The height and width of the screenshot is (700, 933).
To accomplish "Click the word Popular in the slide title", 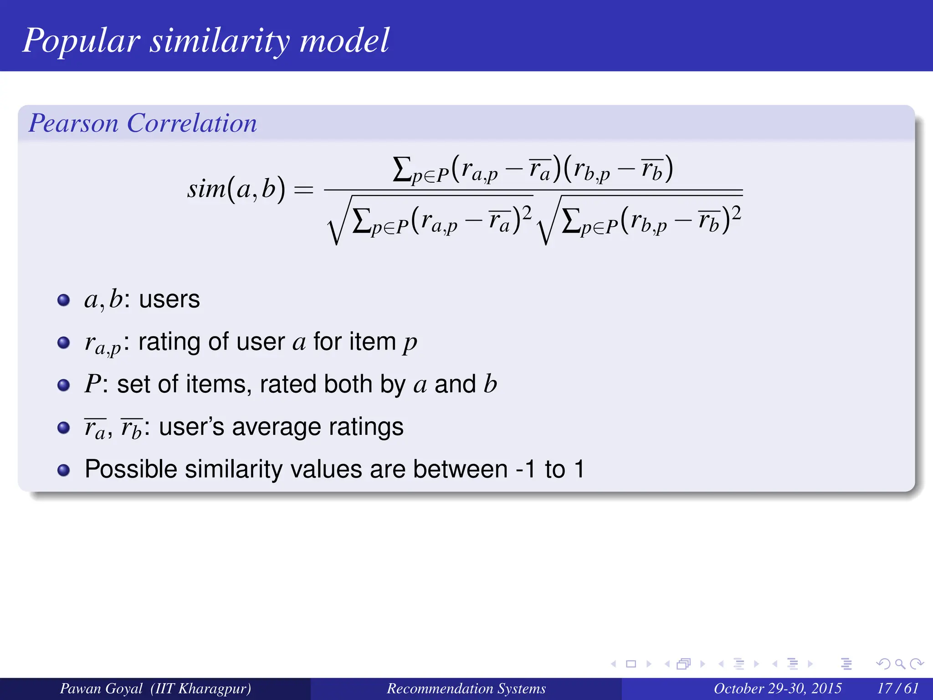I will tap(81, 41).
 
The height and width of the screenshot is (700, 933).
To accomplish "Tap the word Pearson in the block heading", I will tap(73, 124).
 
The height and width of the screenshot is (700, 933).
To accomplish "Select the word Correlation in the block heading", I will tap(192, 124).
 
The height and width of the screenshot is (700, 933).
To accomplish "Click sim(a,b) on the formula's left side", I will tap(236, 189).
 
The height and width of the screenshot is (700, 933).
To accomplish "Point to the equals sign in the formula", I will tap(304, 190).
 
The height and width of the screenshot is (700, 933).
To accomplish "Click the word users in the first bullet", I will tap(169, 300).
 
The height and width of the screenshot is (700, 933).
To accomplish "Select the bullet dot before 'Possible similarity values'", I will tap(64, 470).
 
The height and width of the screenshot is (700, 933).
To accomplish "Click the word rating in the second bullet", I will tap(169, 343).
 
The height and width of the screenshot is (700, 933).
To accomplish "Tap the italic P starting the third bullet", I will tap(92, 384).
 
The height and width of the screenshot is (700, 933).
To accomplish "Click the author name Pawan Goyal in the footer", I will tap(101, 689).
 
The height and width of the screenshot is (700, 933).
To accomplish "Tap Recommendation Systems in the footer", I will tap(466, 689).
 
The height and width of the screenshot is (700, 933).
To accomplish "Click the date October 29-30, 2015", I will tap(777, 689).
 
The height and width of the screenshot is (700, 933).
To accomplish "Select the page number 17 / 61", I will tap(897, 689).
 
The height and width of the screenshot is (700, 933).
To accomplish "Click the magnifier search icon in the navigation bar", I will tap(900, 664).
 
